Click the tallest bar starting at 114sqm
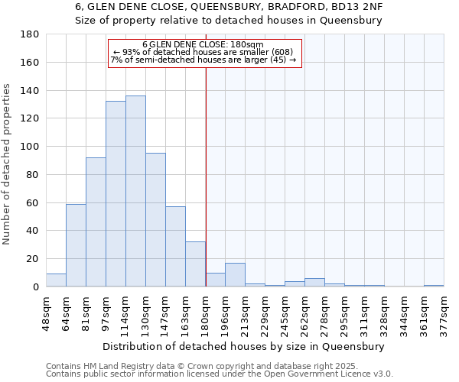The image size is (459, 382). click(x=135, y=191)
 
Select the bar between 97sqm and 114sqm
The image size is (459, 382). click(x=116, y=194)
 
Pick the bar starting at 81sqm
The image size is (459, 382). click(x=96, y=222)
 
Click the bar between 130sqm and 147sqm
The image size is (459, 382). click(x=155, y=220)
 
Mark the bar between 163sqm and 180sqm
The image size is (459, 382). click(x=195, y=264)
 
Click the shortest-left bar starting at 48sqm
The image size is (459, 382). click(x=56, y=280)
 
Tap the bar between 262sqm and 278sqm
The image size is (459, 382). click(x=314, y=283)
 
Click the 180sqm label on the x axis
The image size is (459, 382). click(x=206, y=312)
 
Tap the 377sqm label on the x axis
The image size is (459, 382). click(x=444, y=312)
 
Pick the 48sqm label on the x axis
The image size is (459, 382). click(x=47, y=312)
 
